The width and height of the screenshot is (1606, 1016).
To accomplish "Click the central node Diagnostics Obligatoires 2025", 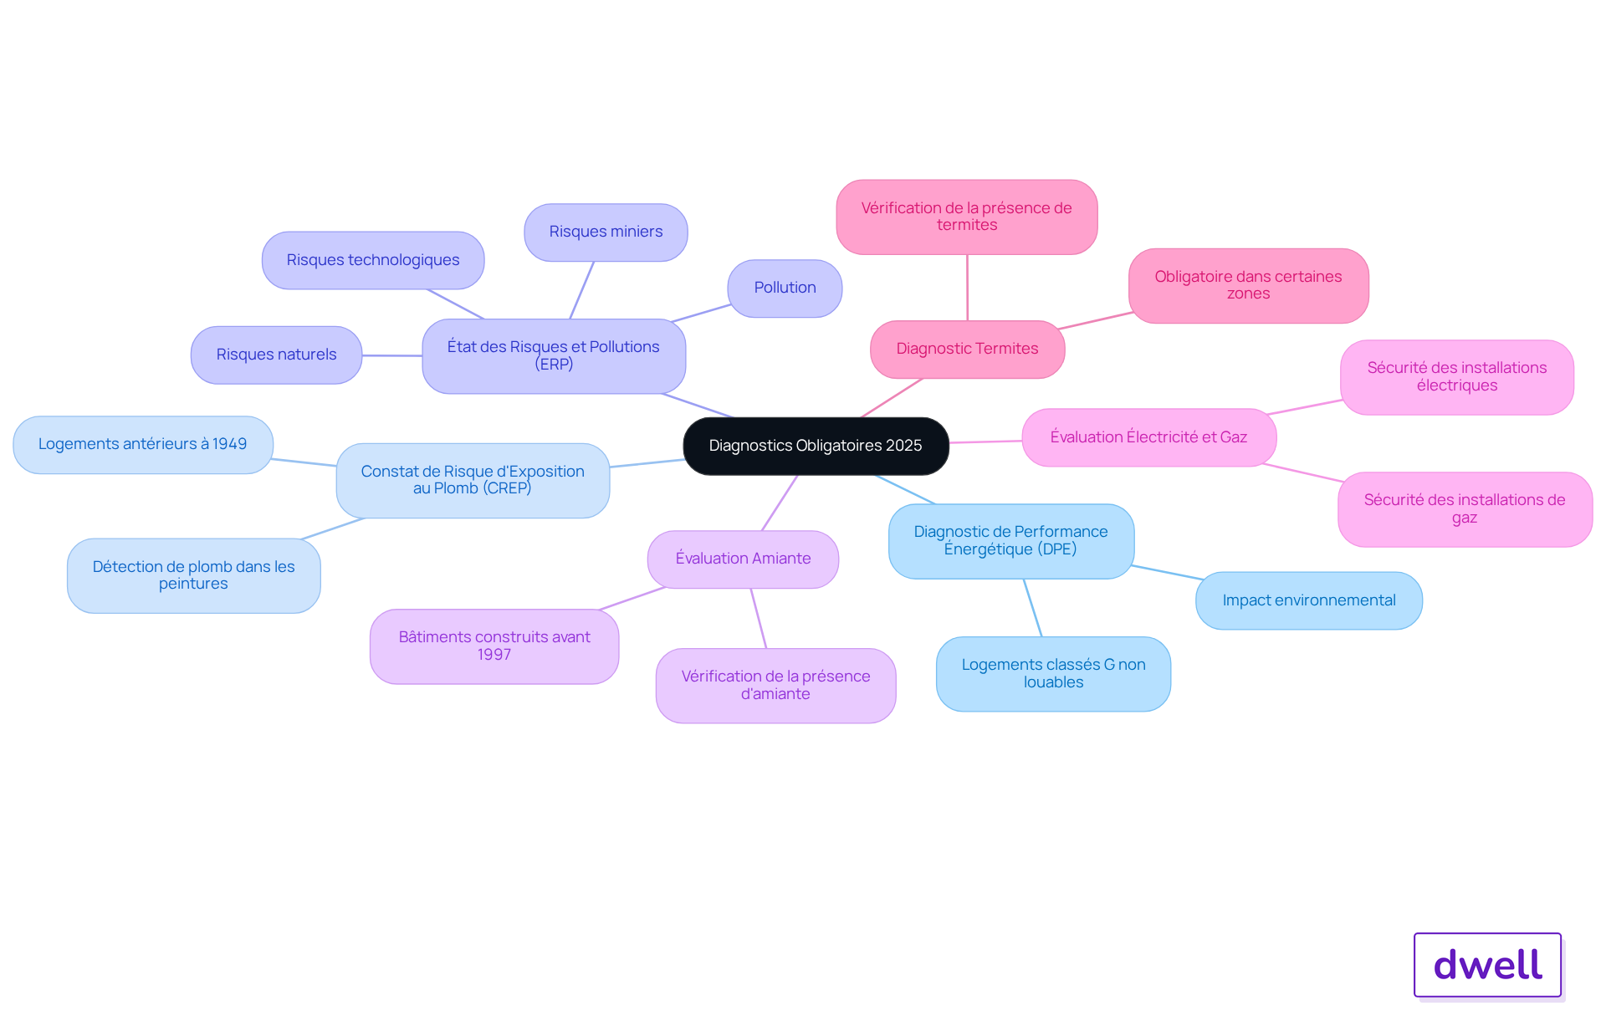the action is (816, 446).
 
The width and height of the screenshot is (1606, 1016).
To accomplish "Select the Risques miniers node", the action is (606, 232).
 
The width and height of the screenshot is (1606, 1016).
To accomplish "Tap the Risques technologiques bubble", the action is (372, 260).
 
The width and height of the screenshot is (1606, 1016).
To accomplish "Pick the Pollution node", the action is (785, 288).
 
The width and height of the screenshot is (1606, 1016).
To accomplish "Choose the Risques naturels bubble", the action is (276, 355).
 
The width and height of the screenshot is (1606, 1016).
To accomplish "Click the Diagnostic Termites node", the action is (967, 349).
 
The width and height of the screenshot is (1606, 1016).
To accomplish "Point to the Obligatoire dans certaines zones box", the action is (1248, 285).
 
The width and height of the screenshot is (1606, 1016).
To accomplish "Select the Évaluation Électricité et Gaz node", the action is (1148, 437).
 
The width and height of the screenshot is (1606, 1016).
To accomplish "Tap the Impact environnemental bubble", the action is (1308, 600).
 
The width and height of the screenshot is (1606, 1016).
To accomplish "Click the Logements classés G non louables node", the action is (1053, 673).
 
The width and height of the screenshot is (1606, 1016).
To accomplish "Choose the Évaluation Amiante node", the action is (743, 559).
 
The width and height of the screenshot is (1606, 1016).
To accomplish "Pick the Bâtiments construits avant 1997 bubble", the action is (494, 646).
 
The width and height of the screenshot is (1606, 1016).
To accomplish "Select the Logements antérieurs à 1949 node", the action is (142, 444).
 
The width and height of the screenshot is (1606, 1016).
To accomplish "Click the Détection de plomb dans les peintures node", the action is (193, 575).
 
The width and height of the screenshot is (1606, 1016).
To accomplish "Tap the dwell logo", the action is (1487, 964).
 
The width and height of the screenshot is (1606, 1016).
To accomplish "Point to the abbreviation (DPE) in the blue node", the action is (1057, 549).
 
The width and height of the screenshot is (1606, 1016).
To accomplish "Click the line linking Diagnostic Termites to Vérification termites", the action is (968, 288).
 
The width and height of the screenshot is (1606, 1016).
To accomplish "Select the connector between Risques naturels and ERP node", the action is (391, 355).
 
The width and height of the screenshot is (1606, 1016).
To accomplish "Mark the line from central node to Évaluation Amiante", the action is (780, 503).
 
